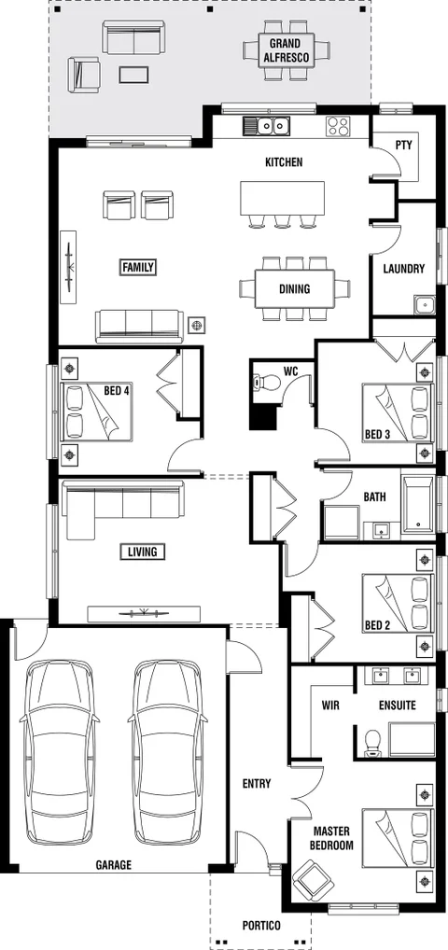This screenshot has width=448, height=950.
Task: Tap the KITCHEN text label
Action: (284, 162)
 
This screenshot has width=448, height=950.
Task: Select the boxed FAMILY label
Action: (138, 267)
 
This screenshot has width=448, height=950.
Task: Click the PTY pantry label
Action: (403, 146)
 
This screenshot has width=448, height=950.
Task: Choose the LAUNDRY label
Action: (403, 269)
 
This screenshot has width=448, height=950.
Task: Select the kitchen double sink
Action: (268, 125)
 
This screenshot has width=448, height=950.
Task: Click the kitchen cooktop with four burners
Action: (337, 126)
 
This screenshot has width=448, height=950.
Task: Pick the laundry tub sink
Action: (424, 304)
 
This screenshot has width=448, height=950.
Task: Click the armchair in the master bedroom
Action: (310, 879)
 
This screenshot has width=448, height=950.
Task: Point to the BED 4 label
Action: (117, 391)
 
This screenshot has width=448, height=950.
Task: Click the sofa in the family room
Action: (138, 325)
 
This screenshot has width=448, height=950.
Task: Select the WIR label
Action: (329, 706)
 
